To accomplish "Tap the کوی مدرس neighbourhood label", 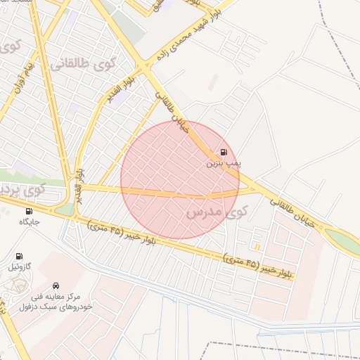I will click(217, 211).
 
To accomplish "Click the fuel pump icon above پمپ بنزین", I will click(224, 151).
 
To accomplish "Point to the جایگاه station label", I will click(29, 221).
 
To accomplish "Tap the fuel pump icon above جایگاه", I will click(29, 211).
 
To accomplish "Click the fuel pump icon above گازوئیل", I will click(18, 257).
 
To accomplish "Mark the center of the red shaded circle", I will click(180, 180).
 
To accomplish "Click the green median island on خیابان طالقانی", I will click(342, 240).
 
